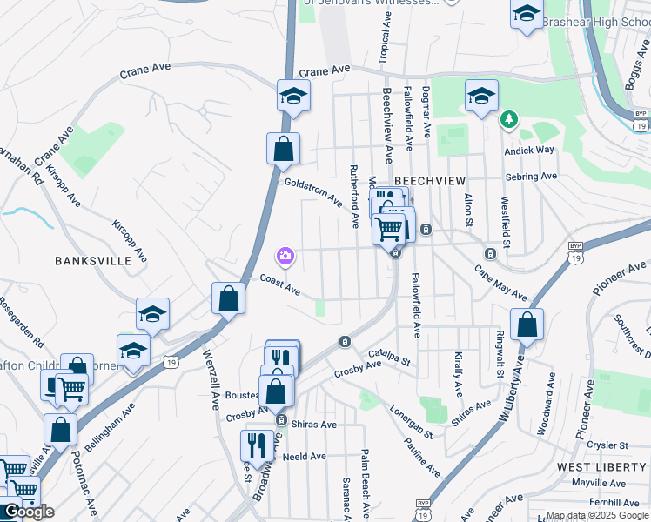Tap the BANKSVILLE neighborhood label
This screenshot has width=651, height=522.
click(x=87, y=260)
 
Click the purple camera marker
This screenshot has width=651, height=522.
click(x=285, y=256)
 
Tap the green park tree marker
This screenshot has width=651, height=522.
click(x=508, y=118)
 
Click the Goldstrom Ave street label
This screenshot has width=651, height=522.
click(x=313, y=191)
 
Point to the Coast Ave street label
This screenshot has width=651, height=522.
click(x=279, y=284)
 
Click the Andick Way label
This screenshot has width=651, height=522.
click(x=529, y=150)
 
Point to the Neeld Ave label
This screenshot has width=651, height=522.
click(x=304, y=456)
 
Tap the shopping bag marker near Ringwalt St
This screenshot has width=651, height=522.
click(x=527, y=325)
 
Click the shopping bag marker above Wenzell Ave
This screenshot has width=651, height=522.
click(x=228, y=298)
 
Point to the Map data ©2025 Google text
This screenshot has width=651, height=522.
click(x=597, y=515)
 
